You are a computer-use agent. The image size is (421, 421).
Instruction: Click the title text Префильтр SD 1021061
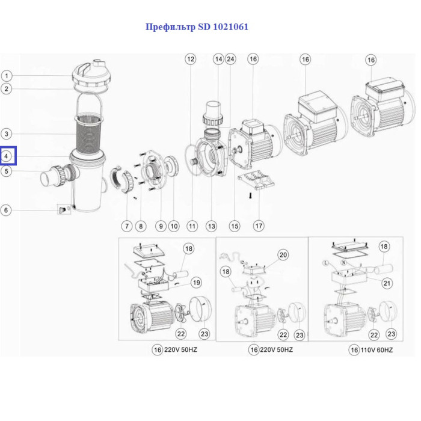[x=197, y=27]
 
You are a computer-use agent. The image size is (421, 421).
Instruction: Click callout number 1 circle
[x=7, y=76]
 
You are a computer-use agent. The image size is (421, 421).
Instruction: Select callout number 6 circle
[x=7, y=210]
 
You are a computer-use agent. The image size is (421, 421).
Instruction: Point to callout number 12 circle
[x=191, y=59]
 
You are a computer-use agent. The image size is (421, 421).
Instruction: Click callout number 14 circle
[x=218, y=59]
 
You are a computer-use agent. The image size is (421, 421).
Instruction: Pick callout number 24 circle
[x=230, y=59]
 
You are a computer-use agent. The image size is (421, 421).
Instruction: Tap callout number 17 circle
[x=259, y=226]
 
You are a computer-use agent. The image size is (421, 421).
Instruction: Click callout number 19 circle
[x=197, y=282]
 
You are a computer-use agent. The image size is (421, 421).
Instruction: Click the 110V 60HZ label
[x=373, y=349]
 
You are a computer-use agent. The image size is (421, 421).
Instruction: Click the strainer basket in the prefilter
[x=88, y=134]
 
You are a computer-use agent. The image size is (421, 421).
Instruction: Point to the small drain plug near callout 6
[x=62, y=209]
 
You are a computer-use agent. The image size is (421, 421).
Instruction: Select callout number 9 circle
[x=161, y=226]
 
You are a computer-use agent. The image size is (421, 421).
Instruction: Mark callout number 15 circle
[x=234, y=226]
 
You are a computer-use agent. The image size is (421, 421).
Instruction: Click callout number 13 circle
[x=211, y=226]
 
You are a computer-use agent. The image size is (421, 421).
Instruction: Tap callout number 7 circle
[x=126, y=226]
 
